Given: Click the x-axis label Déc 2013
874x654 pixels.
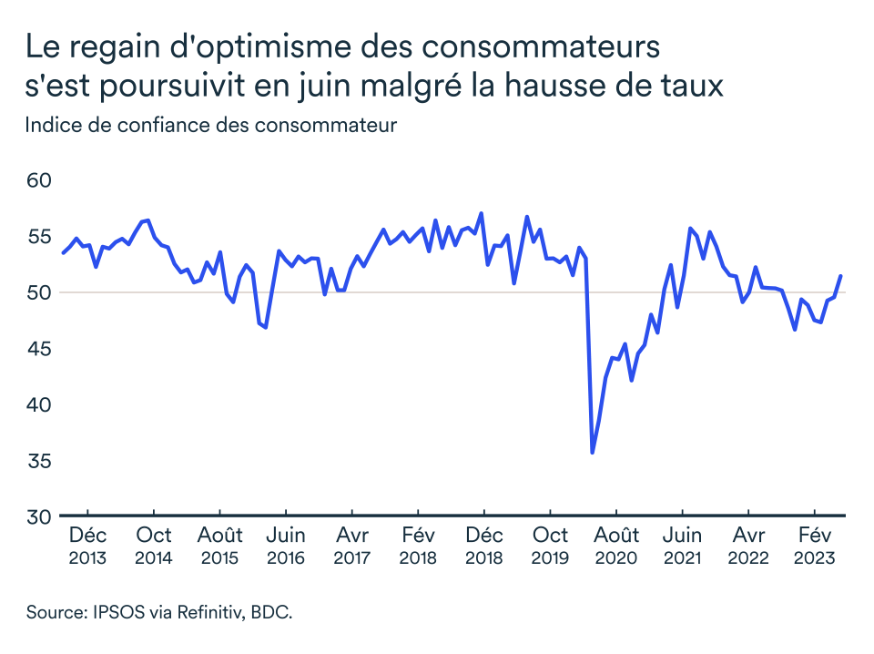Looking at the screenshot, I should tap(88, 546).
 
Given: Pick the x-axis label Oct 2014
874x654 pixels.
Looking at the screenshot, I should tap(154, 546).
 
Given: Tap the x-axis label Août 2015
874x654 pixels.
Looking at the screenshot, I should tap(219, 546).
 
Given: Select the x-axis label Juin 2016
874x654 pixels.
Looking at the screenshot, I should tap(285, 546).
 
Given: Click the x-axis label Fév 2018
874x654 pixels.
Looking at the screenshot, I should tap(417, 546).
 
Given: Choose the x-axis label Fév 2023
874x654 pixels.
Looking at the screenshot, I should tap(813, 546).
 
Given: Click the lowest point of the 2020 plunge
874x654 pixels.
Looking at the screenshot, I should tap(593, 452).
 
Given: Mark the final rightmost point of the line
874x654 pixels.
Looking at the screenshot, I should tap(840, 276).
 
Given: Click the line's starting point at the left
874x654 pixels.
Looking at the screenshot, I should tap(62, 253).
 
